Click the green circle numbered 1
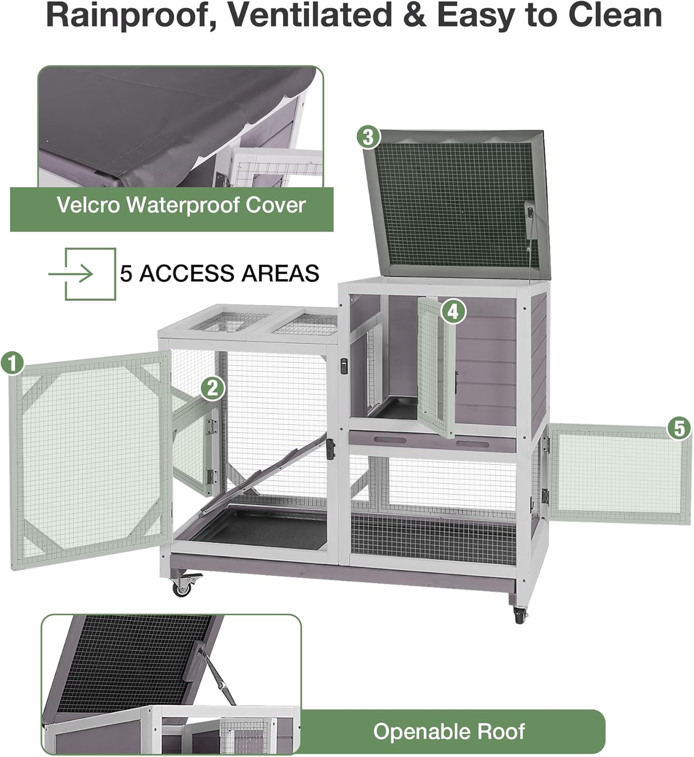tap(12, 363)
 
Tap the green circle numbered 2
tap(212, 388)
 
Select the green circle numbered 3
tap(368, 137)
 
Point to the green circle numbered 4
tap(453, 311)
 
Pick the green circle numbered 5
tap(679, 428)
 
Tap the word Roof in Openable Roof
tap(501, 731)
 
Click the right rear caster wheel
tap(519, 614)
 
